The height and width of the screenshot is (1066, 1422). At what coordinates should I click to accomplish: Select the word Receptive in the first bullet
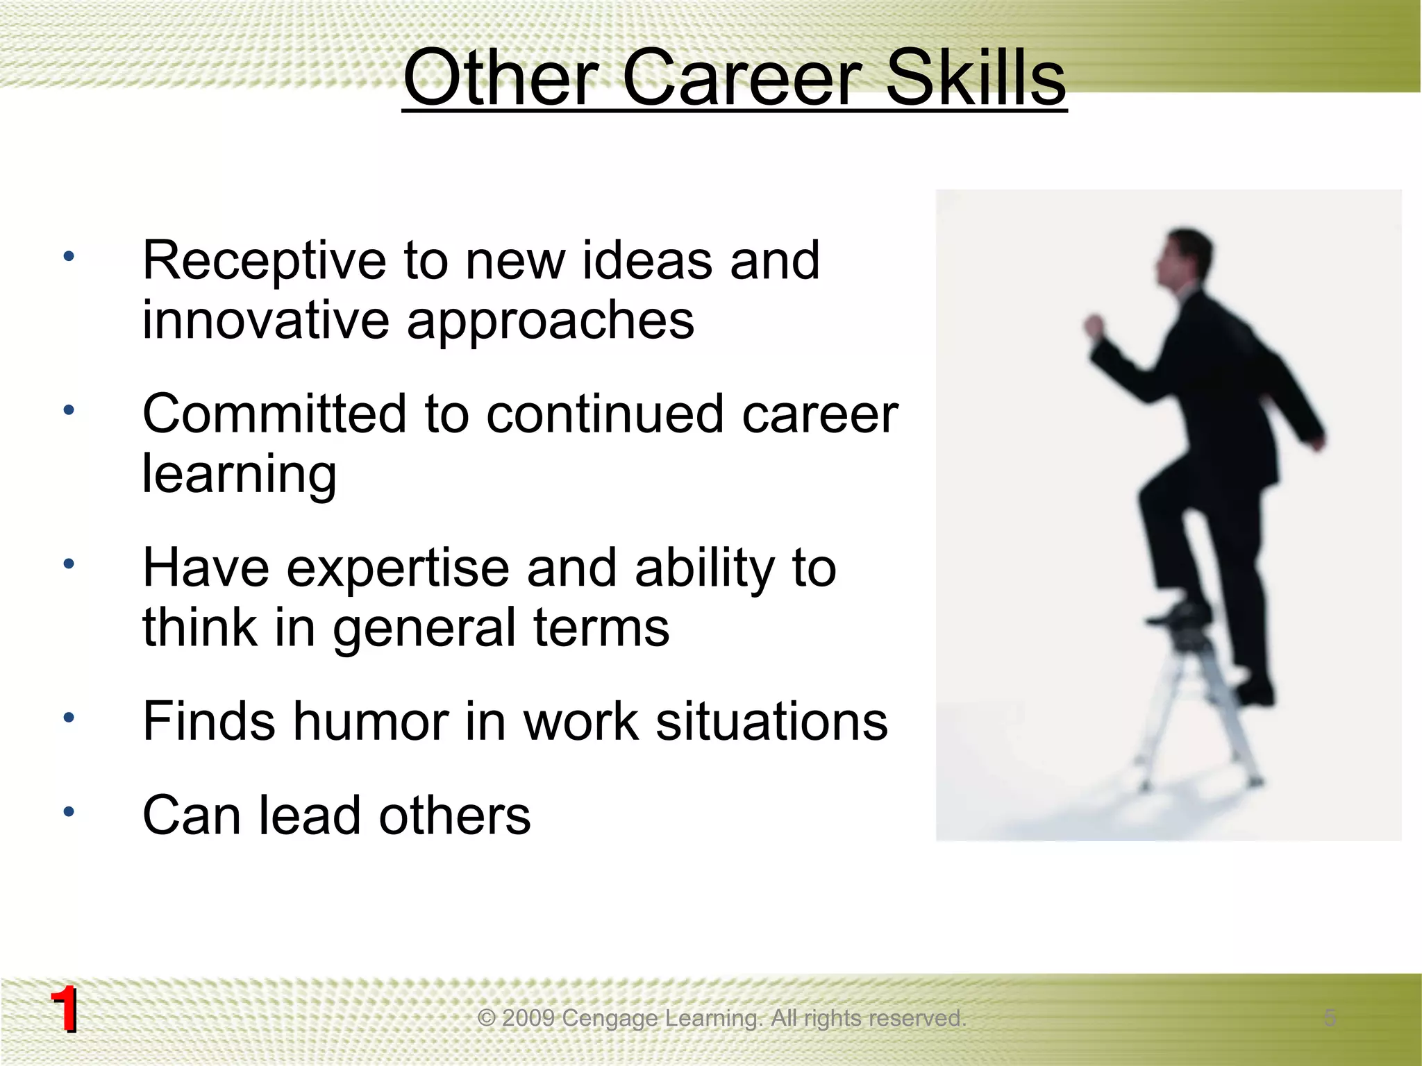264,261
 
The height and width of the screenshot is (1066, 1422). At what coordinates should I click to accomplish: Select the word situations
771,722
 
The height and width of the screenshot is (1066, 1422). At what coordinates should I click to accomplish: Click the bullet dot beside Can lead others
68,811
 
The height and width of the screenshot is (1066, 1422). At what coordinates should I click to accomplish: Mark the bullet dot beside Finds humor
68,718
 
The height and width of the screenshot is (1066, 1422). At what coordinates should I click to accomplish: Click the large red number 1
64,1010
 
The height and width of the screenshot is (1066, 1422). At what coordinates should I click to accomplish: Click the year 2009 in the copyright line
528,1018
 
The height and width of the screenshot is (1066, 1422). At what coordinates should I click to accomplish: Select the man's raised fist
1096,326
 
